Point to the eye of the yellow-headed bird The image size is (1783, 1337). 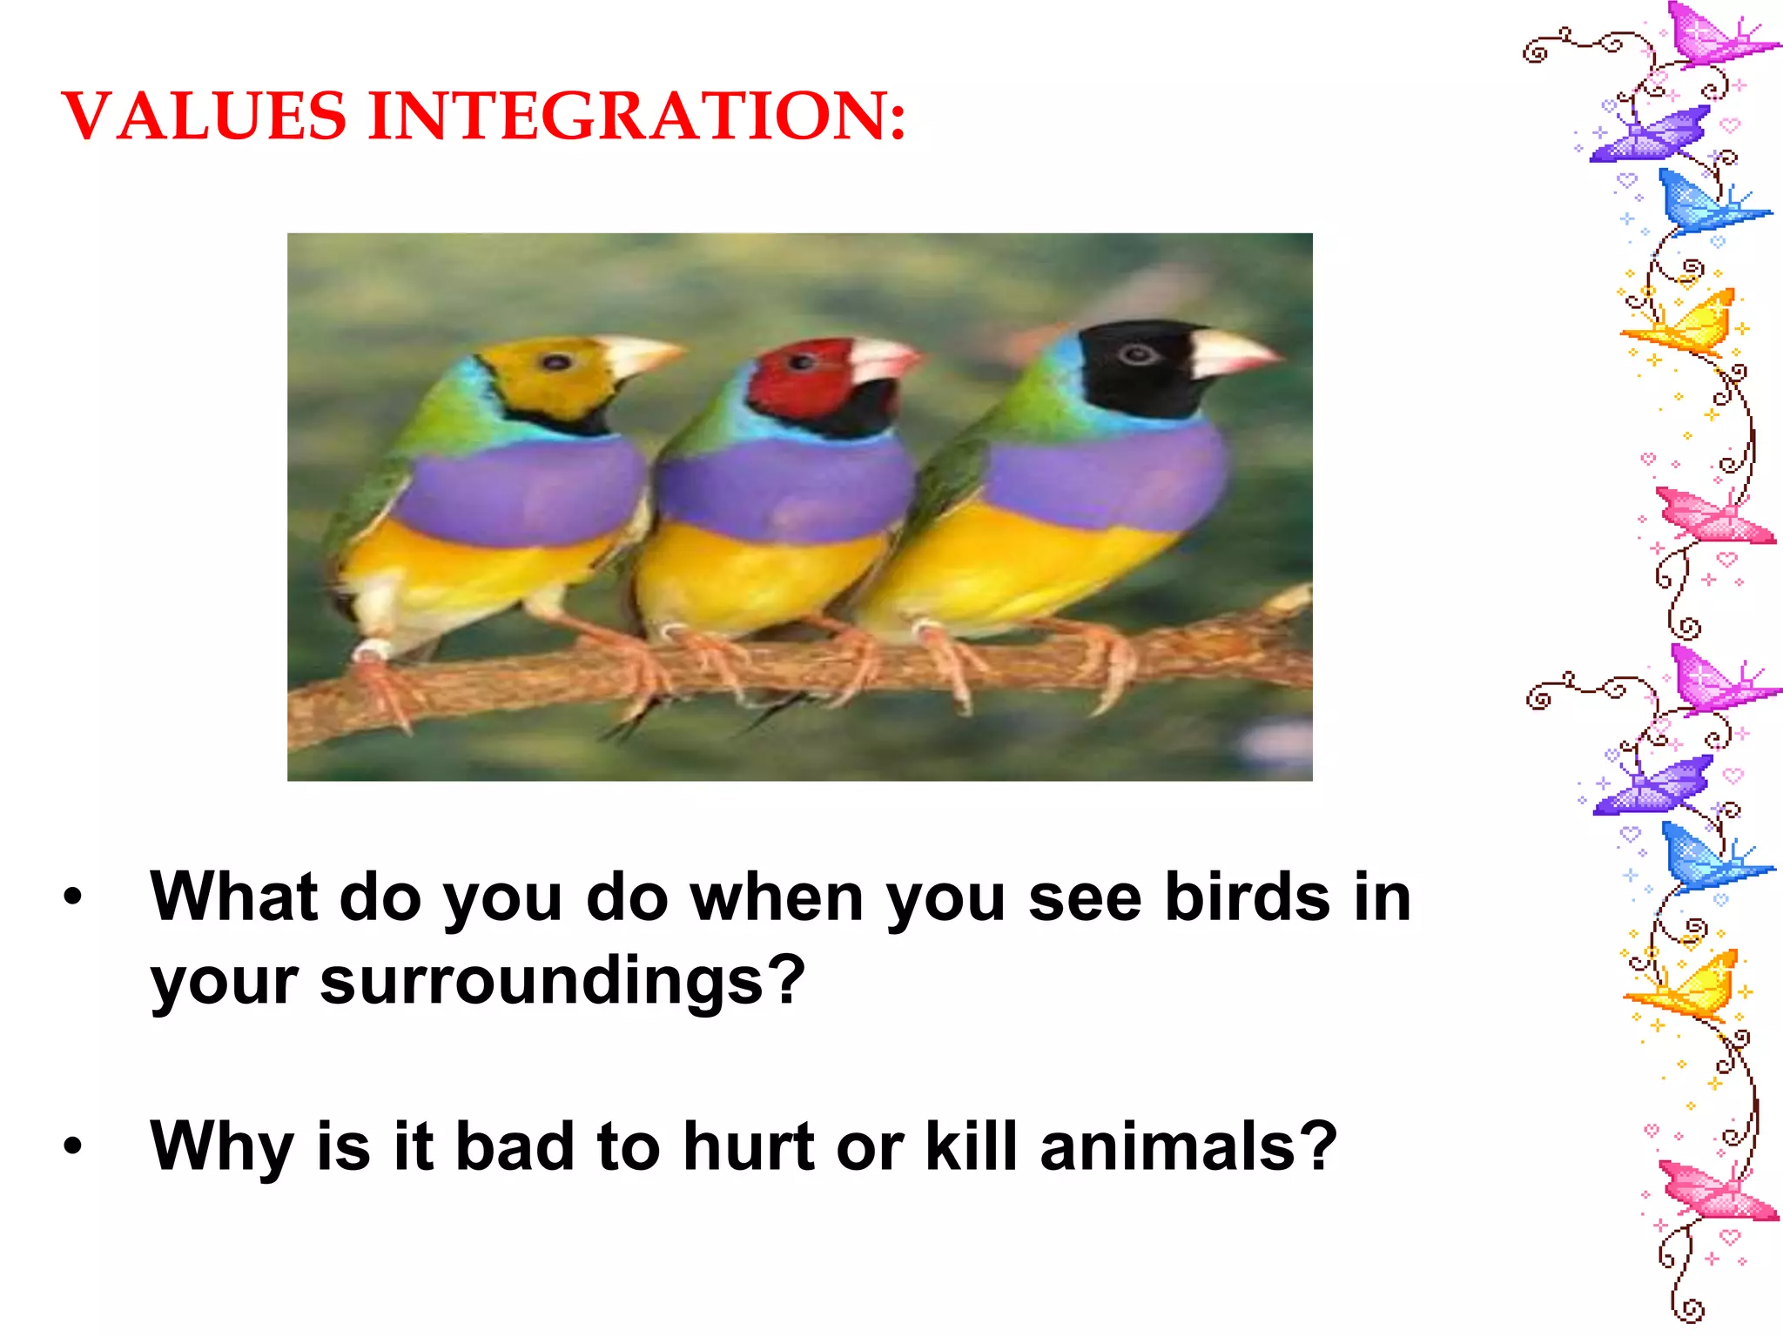coord(555,362)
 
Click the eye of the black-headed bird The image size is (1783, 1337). coord(1136,354)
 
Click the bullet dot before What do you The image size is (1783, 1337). coord(73,897)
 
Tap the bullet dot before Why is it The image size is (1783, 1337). coord(73,1146)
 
